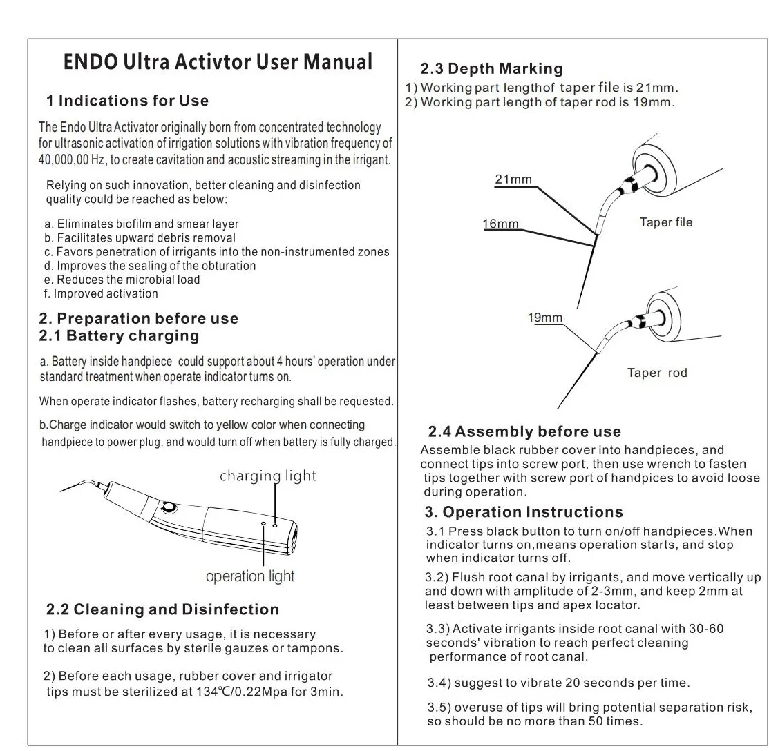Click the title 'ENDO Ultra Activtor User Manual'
[218, 62]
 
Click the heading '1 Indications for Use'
[127, 101]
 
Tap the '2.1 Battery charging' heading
[119, 336]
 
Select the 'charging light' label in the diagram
[268, 476]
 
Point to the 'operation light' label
[250, 576]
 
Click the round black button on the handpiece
[167, 509]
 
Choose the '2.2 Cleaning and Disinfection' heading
[162, 609]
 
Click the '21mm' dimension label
[513, 179]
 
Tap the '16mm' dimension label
[501, 224]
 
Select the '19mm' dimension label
[545, 318]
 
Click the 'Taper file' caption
[666, 222]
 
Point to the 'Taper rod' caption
[657, 373]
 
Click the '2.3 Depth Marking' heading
[491, 68]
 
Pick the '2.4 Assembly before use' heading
[524, 432]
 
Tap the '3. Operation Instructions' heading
[524, 512]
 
